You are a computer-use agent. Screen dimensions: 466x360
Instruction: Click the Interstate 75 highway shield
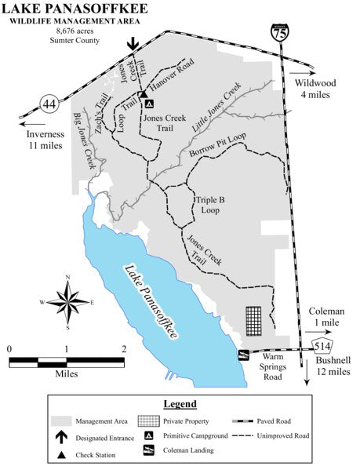(x=280, y=31)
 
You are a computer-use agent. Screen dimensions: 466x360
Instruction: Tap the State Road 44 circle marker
(x=49, y=101)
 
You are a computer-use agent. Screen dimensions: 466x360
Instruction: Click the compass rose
(x=68, y=300)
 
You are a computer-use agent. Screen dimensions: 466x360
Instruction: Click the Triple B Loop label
(x=210, y=205)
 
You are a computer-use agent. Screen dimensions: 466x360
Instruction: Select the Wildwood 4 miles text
(x=316, y=89)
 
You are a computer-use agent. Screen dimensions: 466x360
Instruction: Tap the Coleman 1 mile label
(x=325, y=317)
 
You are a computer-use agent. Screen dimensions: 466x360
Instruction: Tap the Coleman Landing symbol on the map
(x=243, y=355)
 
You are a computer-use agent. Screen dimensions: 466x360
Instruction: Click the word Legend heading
(x=180, y=403)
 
